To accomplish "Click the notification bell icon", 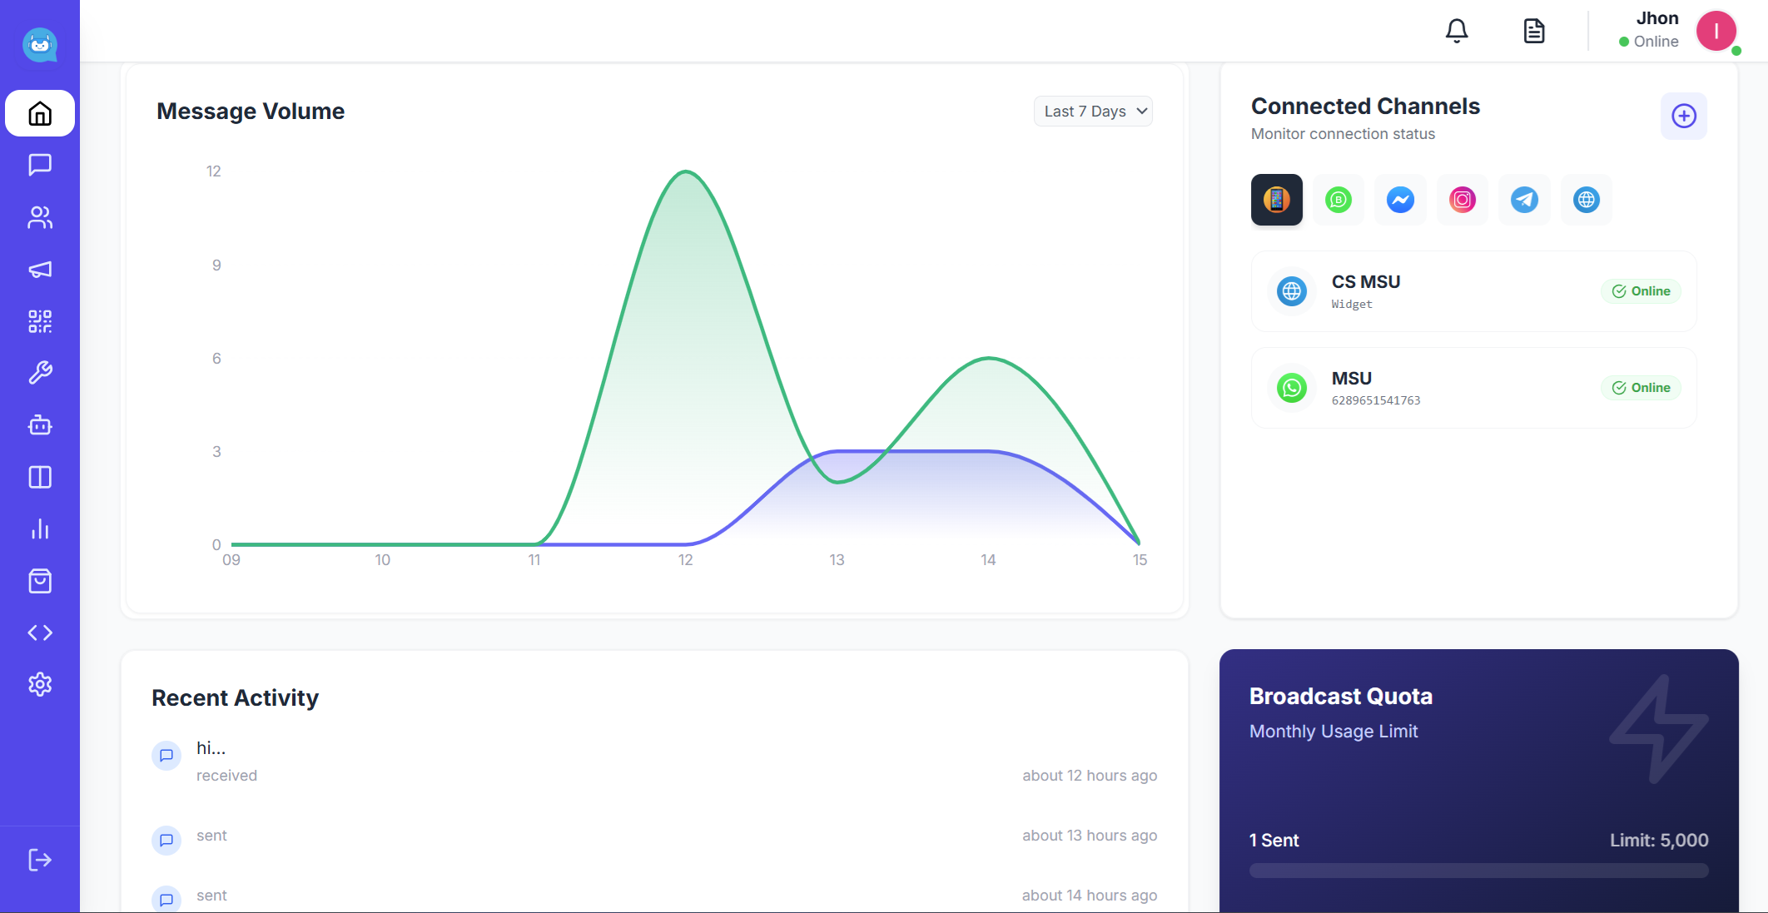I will point(1457,32).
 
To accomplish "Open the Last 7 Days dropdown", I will point(1093,112).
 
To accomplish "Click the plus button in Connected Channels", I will point(1683,117).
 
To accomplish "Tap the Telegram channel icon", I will point(1524,200).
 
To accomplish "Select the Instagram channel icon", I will point(1463,200).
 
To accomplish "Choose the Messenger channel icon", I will point(1400,200).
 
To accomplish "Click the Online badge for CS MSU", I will point(1641,291).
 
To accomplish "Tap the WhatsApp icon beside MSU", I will point(1292,388).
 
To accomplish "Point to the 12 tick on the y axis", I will point(214,171).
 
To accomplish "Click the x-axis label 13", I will point(837,560).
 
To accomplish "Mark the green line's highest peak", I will point(686,172).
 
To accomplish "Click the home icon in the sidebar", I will point(40,113).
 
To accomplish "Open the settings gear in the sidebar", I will point(40,684).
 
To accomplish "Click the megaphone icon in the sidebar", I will point(40,270).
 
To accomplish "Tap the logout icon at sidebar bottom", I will point(40,860).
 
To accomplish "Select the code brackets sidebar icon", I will point(40,633).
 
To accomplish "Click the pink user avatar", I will point(1716,32).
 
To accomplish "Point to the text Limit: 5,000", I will point(1658,841).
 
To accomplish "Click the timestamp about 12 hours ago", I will point(1089,776).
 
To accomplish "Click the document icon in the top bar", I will point(1533,32).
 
